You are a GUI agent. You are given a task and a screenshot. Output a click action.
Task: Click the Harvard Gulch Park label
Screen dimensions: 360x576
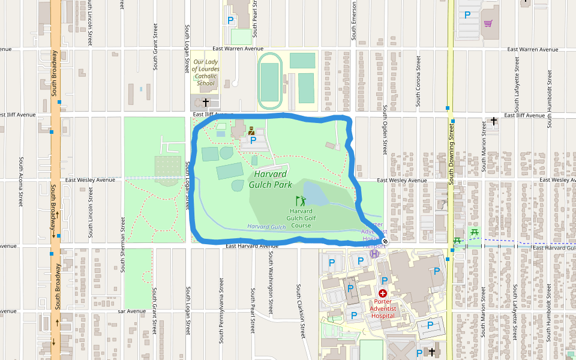[x=271, y=179]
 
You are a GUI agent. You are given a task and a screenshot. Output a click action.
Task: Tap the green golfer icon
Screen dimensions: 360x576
[x=299, y=201]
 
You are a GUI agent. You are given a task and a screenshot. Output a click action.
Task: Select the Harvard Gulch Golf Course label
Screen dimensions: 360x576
[x=301, y=218]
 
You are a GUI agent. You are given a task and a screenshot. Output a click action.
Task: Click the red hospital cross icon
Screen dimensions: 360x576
[x=382, y=293]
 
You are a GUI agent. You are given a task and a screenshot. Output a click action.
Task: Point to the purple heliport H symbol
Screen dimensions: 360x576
[x=374, y=253]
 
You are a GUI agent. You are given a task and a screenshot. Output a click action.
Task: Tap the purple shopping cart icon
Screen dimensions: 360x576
[x=488, y=23]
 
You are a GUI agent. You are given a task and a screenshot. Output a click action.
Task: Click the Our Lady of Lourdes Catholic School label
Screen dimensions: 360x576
[x=206, y=73]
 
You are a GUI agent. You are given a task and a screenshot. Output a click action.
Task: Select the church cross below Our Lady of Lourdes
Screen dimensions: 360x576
[x=206, y=103]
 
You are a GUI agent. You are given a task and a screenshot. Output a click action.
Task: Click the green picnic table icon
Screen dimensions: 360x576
[x=474, y=231]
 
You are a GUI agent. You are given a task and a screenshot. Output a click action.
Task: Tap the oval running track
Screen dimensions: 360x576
[x=269, y=77]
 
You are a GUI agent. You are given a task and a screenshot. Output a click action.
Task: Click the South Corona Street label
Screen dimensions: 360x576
[x=418, y=82]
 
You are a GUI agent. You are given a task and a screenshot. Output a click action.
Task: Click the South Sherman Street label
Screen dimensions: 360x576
[x=122, y=244]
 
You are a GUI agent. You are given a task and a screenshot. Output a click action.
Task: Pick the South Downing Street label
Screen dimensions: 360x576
[x=451, y=155]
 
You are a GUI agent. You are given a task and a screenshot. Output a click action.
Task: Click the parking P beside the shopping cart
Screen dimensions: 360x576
[x=467, y=15]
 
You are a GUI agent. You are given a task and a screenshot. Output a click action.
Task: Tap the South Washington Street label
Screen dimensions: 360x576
[x=271, y=282]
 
